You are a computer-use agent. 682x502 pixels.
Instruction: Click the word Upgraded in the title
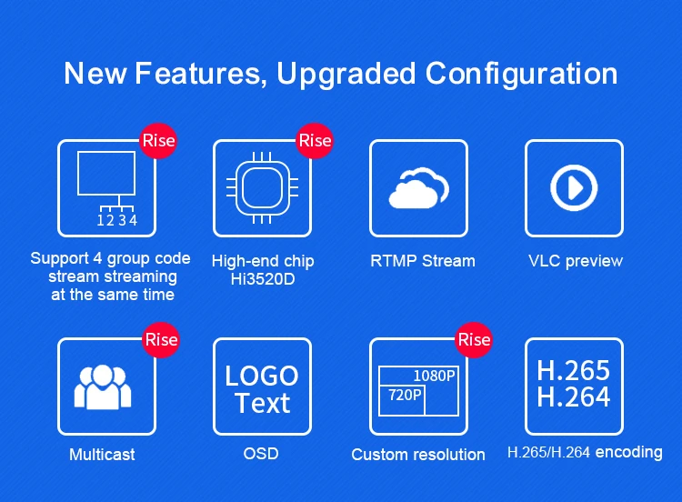(346, 74)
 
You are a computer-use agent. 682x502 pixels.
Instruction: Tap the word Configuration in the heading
(521, 74)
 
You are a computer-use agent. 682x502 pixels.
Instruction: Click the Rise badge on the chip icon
(315, 141)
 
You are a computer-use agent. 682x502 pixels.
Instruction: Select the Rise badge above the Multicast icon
(161, 340)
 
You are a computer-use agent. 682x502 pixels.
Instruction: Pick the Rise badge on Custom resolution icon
(474, 340)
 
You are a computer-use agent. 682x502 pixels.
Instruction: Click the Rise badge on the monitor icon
(158, 141)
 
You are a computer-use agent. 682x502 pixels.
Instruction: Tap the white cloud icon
(419, 188)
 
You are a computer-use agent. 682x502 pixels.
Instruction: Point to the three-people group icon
(103, 387)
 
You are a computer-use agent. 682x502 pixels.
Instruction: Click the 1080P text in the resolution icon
(434, 376)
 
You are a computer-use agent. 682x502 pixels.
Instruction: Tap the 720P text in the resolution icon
(405, 395)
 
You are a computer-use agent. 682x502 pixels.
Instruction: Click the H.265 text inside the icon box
(573, 371)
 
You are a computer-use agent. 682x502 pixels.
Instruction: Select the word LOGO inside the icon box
(262, 376)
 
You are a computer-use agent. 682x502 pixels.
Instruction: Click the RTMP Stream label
(423, 261)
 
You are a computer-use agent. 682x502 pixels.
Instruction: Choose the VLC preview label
(576, 261)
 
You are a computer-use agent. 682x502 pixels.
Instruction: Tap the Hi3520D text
(263, 279)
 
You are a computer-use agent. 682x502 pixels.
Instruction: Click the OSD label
(261, 454)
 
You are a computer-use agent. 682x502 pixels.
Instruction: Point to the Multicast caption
(102, 455)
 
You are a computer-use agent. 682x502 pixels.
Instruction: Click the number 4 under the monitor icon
(133, 220)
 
